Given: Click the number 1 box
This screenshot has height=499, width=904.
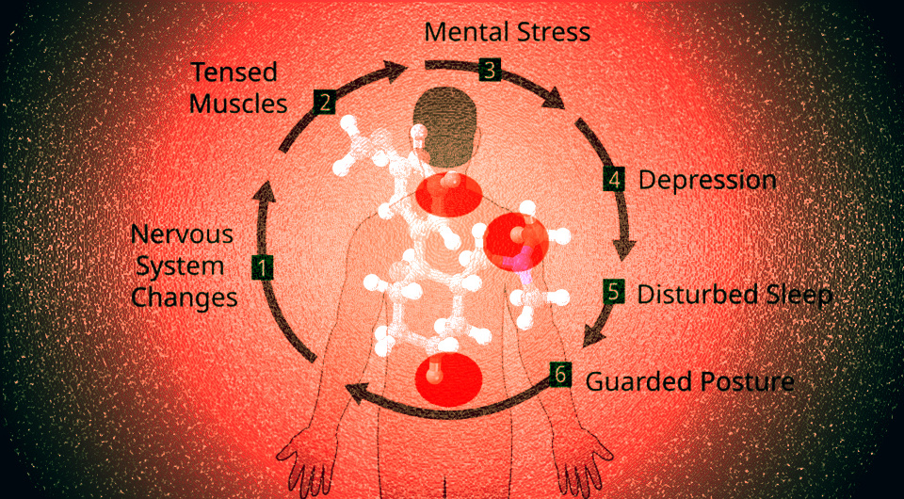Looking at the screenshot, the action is [x=263, y=267].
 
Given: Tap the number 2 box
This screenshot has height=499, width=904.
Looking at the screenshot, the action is [x=325, y=103].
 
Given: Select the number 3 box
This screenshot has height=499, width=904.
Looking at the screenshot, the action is [x=490, y=71].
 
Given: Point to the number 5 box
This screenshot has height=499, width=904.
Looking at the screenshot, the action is [x=614, y=292].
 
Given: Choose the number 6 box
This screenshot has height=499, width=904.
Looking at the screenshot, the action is [x=560, y=375].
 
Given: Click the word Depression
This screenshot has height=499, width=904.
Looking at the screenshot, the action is [x=707, y=181].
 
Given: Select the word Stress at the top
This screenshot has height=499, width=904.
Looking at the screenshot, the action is [x=554, y=32].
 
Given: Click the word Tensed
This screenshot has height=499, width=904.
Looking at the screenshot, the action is [x=234, y=72].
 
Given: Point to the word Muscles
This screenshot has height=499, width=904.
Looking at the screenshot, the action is [x=238, y=105].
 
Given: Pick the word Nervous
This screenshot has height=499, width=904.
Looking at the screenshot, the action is [x=182, y=234].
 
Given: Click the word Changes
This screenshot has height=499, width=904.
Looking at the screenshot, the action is [x=185, y=298].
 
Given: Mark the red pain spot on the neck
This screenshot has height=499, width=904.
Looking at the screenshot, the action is [x=448, y=195].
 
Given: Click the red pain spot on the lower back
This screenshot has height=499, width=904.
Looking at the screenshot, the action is [x=448, y=381].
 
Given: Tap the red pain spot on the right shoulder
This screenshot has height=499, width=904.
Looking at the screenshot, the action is [x=515, y=241].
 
